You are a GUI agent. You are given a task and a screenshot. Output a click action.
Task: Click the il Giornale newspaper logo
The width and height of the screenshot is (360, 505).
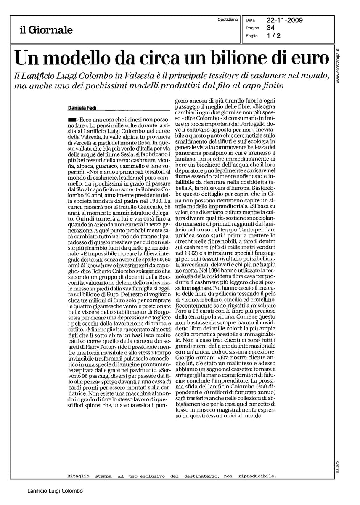click(x=45, y=30)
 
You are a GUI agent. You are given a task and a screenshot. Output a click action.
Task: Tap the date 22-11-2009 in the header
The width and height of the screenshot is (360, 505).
click(x=285, y=20)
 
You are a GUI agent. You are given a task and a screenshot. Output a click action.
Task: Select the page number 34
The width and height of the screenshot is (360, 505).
click(x=271, y=28)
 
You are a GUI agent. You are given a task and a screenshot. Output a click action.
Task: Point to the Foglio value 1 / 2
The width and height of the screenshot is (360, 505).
click(x=274, y=36)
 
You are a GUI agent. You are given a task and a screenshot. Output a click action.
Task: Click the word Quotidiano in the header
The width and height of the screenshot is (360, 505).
click(x=228, y=19)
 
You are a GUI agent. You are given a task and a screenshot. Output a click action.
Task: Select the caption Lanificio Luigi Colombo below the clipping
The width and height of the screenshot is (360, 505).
click(x=55, y=491)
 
